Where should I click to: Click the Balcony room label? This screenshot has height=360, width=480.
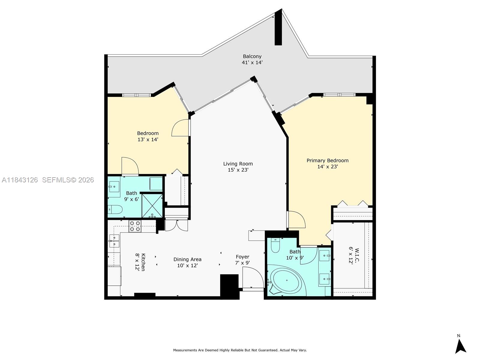coord(252,56)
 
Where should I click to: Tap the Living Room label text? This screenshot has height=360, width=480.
coord(238,164)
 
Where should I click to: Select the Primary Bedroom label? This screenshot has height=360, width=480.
coord(327,160)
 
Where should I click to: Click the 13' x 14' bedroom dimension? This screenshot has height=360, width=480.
coord(148,139)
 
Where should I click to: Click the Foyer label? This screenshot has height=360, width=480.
coord(242,257)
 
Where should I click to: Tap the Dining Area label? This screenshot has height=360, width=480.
coord(187,259)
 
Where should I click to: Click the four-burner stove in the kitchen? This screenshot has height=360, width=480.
coord(135,226)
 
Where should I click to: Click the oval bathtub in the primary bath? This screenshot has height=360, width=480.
coord(286,281)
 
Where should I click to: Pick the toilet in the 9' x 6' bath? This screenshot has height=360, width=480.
coord(115,209)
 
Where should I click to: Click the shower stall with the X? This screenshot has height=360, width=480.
coord(152,205)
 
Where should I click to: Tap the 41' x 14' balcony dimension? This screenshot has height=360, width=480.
coord(252,63)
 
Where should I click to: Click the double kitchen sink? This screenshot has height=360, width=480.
coord(114,241)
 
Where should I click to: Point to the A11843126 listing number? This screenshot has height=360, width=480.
coord(20,180)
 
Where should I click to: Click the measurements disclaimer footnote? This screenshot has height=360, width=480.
coord(240,350)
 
